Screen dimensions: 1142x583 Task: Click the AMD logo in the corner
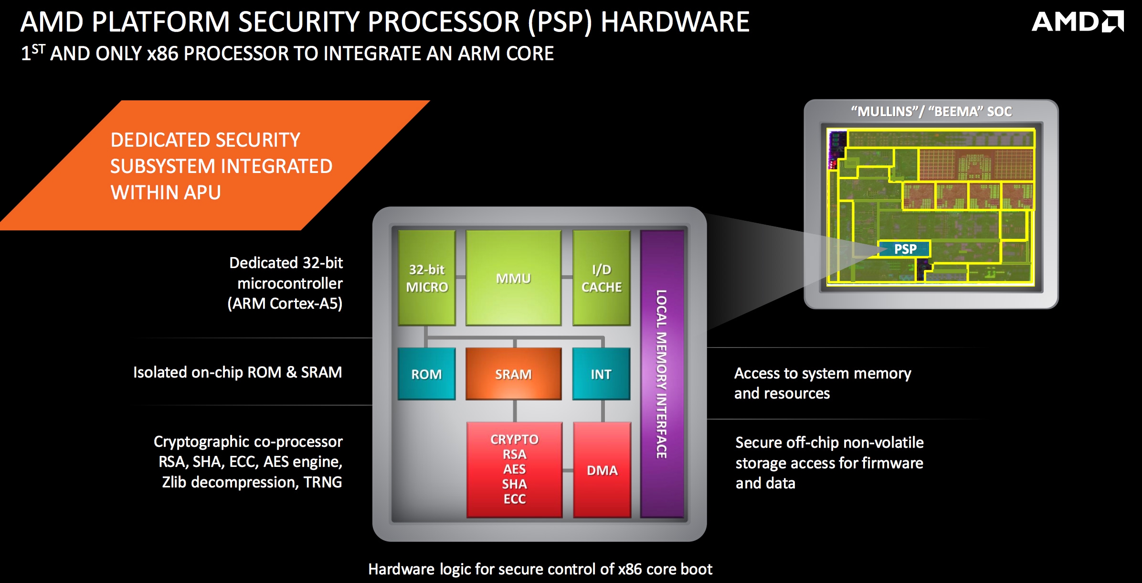point(1078,22)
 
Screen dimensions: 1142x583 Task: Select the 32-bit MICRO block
point(427,278)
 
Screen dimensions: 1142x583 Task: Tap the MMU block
point(513,278)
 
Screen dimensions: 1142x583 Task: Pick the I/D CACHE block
point(602,278)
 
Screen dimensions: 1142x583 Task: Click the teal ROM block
point(426,374)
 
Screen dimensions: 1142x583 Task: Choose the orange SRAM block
point(513,374)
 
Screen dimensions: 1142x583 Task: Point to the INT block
point(601,374)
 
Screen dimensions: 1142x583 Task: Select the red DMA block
point(602,470)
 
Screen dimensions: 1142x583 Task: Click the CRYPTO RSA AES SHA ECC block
point(514,470)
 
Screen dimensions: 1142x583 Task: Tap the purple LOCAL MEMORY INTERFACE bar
point(662,374)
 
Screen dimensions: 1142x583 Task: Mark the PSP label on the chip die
point(905,249)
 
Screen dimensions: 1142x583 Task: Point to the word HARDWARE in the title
point(675,22)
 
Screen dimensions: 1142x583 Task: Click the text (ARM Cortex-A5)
point(285,303)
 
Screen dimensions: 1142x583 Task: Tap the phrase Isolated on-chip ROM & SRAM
point(238,372)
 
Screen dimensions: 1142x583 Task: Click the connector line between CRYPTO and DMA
point(568,471)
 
